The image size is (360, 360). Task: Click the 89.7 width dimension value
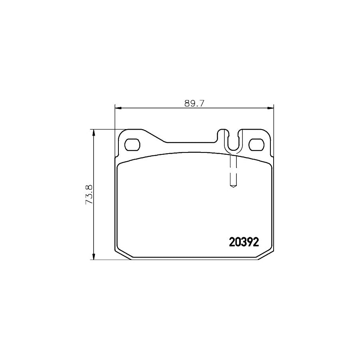[194, 103]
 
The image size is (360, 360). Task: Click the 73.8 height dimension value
[89, 194]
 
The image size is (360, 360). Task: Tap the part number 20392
[244, 242]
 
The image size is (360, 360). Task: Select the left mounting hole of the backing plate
[132, 144]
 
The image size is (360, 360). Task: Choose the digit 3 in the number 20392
[244, 242]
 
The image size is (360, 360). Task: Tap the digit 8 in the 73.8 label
[89, 187]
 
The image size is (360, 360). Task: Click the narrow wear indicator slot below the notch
[233, 170]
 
